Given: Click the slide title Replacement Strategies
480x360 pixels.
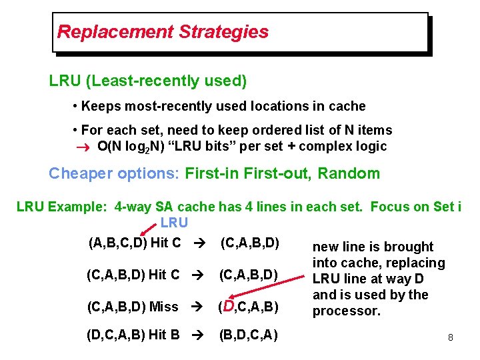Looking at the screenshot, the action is coord(163,31).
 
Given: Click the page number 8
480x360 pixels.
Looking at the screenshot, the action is coord(451,338).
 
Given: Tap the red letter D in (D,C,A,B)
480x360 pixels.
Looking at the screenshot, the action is coord(230,306).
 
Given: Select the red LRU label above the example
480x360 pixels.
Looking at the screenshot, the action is coord(174,222).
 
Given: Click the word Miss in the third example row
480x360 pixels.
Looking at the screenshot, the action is coord(163,307).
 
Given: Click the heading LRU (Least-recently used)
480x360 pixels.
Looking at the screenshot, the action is coord(148,81).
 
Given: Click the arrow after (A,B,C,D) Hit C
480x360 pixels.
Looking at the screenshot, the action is coord(198,242).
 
